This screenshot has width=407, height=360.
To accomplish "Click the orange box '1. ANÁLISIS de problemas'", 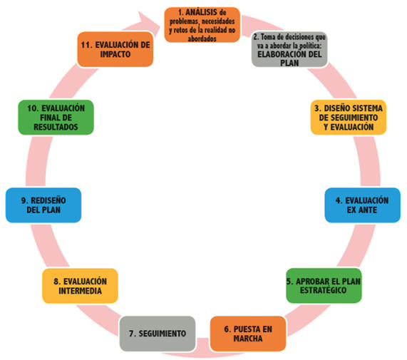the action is point(202,25).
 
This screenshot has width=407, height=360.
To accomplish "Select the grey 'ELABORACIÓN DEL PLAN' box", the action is point(289,49).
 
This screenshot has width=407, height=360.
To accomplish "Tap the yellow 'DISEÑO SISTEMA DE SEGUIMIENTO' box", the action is point(349,118).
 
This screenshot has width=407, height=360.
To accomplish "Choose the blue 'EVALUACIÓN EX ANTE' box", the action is point(363,205).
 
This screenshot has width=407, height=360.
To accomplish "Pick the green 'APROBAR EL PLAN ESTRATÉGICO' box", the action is point(324,286).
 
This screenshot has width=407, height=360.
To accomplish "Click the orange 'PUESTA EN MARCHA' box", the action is point(248,334).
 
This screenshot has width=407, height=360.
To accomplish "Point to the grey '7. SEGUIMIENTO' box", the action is point(158,334).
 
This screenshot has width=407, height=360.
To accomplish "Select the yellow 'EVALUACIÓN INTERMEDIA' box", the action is point(81,286).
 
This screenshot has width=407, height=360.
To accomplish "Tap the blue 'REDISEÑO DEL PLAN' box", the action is point(43,205).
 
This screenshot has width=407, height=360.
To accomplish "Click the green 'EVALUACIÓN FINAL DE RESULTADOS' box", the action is point(56,118).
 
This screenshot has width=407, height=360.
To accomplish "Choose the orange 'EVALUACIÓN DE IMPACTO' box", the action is point(115,49).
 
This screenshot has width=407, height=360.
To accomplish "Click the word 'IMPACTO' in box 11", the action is point(115,54).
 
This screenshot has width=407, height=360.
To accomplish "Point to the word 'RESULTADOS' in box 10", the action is point(56,127).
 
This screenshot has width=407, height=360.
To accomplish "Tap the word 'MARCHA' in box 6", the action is point(248,339).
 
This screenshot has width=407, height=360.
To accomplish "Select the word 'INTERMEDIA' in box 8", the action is point(81,291).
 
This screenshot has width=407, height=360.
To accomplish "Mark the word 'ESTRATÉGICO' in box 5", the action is point(323,290).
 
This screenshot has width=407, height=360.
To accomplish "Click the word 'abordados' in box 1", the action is point(202,38).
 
